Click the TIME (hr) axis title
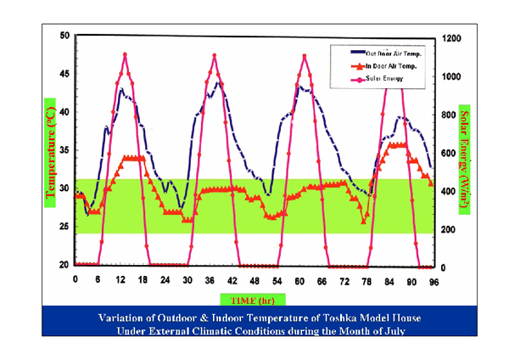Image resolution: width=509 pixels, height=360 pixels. [253, 298]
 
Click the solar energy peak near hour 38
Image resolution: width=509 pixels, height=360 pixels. [215, 56]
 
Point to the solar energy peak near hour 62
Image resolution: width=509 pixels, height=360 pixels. [305, 56]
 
